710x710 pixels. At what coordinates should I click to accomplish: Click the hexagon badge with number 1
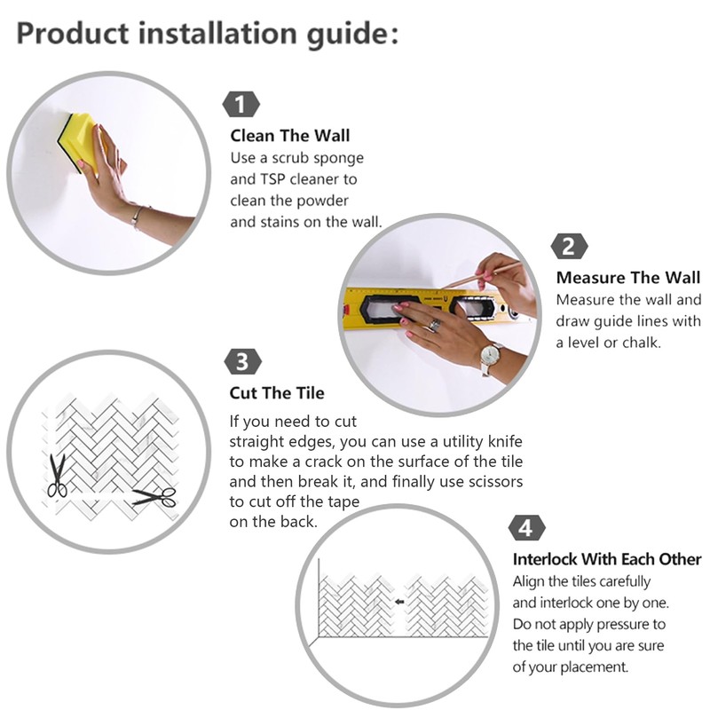tap(241, 105)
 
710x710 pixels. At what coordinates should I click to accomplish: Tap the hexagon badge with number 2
tap(569, 247)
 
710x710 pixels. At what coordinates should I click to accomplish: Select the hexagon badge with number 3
tap(242, 362)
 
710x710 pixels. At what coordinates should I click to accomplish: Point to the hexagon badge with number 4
tap(526, 528)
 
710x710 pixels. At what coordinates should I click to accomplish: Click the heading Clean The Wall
tap(290, 136)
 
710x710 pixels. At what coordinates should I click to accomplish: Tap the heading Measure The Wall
tap(628, 277)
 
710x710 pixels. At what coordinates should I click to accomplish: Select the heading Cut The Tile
tap(277, 392)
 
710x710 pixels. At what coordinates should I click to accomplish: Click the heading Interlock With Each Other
tap(607, 559)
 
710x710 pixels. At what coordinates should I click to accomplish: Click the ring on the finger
tap(434, 325)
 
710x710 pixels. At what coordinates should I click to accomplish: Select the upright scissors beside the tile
tap(57, 476)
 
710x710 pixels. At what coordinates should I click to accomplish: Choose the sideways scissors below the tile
tap(154, 497)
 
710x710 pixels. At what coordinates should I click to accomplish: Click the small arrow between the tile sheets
tap(398, 602)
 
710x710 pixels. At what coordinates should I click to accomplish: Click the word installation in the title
tap(217, 34)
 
